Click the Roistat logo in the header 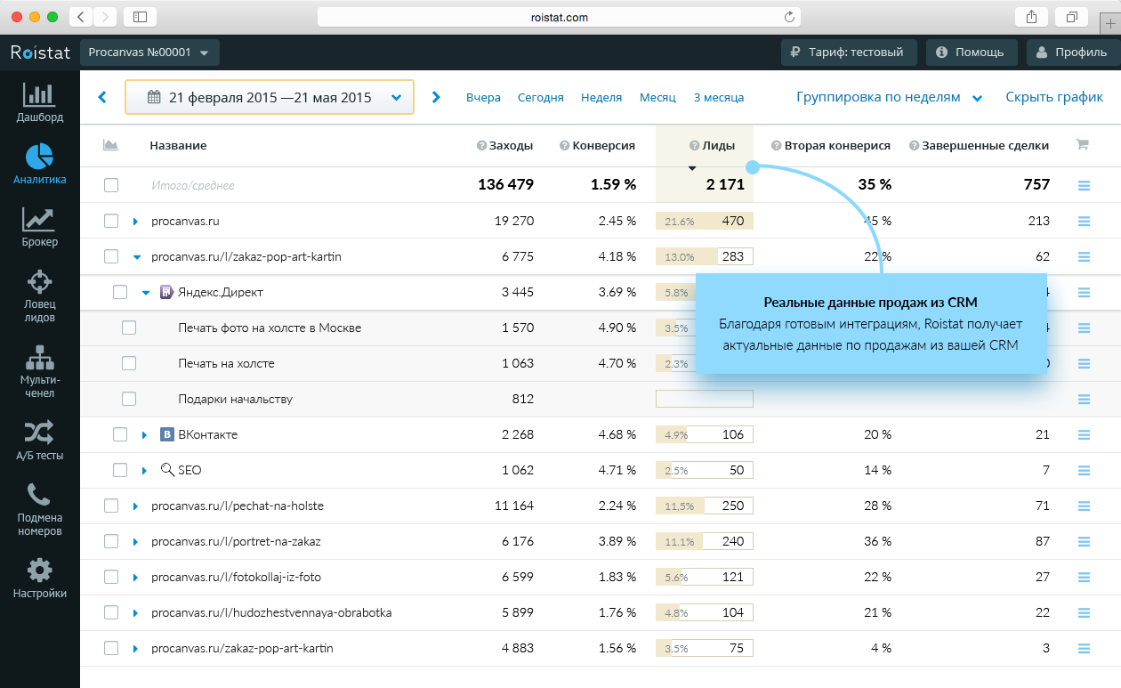(40, 53)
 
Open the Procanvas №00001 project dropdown (149, 53)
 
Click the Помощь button (971, 53)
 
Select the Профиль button (1071, 53)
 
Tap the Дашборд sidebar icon (39, 102)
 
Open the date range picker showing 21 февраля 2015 (269, 98)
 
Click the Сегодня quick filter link (540, 98)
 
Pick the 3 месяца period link (718, 98)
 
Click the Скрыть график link (1054, 98)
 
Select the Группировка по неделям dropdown (888, 98)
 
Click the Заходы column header (511, 146)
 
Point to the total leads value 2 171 (724, 185)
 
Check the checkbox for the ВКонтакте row (120, 434)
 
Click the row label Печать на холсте (226, 363)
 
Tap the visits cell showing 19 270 (513, 221)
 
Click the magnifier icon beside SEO (166, 470)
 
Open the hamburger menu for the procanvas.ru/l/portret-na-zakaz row (1084, 541)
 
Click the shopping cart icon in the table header (1083, 144)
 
